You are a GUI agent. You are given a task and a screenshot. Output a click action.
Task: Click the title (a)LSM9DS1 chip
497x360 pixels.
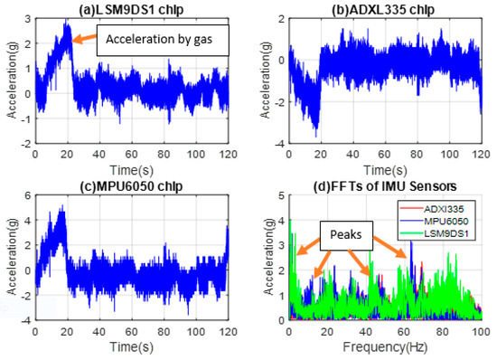click(130, 9)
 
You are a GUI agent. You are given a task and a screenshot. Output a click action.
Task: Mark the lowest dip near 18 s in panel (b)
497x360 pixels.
click(314, 133)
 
